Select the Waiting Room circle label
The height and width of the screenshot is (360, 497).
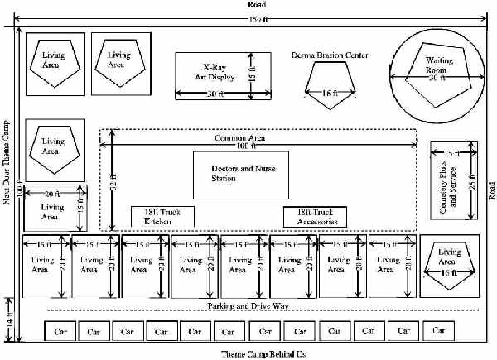pyautogui.click(x=439, y=66)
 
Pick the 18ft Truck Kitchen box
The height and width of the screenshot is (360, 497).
pyautogui.click(x=162, y=217)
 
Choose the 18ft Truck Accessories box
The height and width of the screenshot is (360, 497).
pyautogui.click(x=315, y=217)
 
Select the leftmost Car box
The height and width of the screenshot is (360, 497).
pyautogui.click(x=59, y=331)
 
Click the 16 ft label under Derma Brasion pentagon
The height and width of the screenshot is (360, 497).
pyautogui.click(x=330, y=94)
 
